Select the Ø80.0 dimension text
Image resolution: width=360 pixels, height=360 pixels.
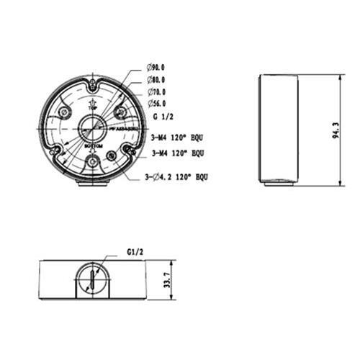click(156, 81)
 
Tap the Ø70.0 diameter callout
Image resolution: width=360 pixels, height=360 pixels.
click(156, 92)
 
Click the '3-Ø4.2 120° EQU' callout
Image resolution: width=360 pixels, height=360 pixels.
click(176, 176)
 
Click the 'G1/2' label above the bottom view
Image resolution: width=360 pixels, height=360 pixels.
click(135, 253)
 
